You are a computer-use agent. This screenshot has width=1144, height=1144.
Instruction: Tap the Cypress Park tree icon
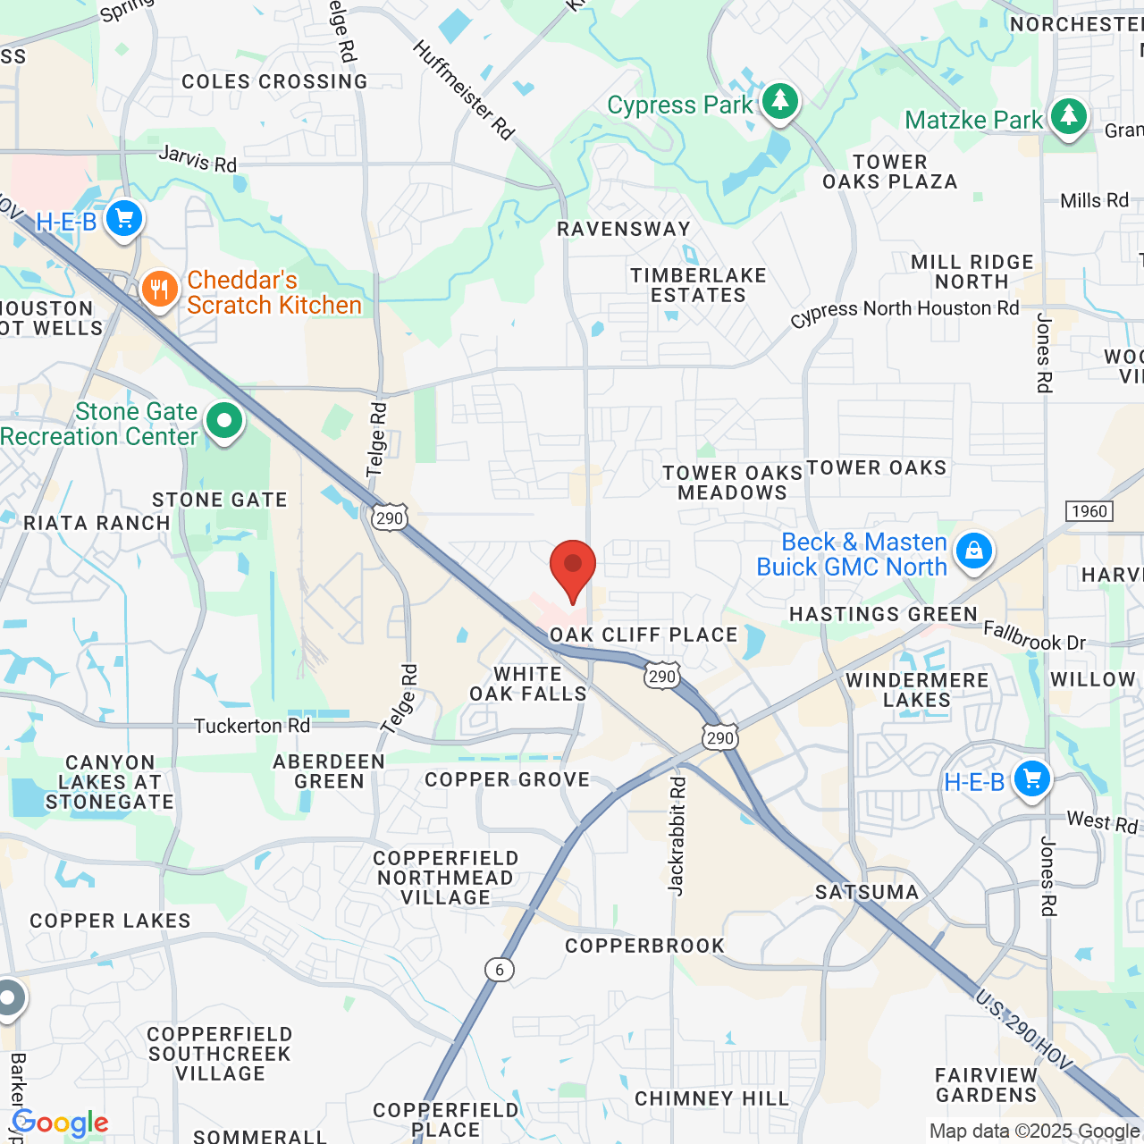click(x=780, y=100)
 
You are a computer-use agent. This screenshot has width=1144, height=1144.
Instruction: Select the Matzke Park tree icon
click(x=1068, y=116)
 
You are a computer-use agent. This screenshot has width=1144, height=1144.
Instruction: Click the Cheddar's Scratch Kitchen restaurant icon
click(x=160, y=290)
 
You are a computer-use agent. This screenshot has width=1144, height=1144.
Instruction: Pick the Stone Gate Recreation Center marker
click(x=224, y=420)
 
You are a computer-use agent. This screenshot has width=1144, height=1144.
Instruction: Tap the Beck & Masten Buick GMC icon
click(x=973, y=551)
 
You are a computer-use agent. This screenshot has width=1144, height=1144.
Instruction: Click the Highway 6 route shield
click(x=500, y=970)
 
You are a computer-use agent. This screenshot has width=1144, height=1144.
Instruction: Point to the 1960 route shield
click(x=1089, y=511)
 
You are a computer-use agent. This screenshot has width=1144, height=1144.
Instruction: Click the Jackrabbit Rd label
click(x=677, y=837)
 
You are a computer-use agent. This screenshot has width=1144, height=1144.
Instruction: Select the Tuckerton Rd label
click(x=252, y=726)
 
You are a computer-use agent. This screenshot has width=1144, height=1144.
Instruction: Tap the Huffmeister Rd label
click(x=463, y=90)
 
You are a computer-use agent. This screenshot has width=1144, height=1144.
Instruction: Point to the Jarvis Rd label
click(x=198, y=159)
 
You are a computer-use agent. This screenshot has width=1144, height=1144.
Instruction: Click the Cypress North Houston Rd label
click(x=904, y=312)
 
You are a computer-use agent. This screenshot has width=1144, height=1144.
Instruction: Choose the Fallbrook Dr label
click(x=1034, y=636)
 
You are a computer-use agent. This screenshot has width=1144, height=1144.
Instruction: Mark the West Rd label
click(x=1102, y=822)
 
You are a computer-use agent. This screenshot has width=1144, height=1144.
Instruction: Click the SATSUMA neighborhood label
click(x=867, y=892)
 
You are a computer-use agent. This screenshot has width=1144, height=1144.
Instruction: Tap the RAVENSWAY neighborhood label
click(x=624, y=229)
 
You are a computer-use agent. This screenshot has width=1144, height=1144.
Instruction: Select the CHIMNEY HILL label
click(x=711, y=1098)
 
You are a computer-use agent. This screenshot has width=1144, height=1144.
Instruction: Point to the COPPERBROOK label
click(x=644, y=946)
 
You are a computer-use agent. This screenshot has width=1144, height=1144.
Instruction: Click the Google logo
click(x=61, y=1123)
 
